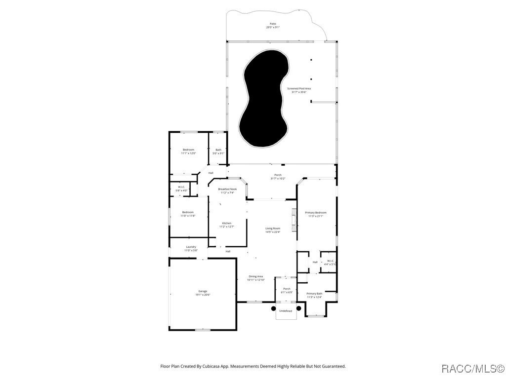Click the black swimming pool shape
tap(263, 99)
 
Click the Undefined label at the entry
tap(286, 311)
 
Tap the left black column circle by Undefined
tap(273, 308)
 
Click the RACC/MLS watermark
tap(471, 368)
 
